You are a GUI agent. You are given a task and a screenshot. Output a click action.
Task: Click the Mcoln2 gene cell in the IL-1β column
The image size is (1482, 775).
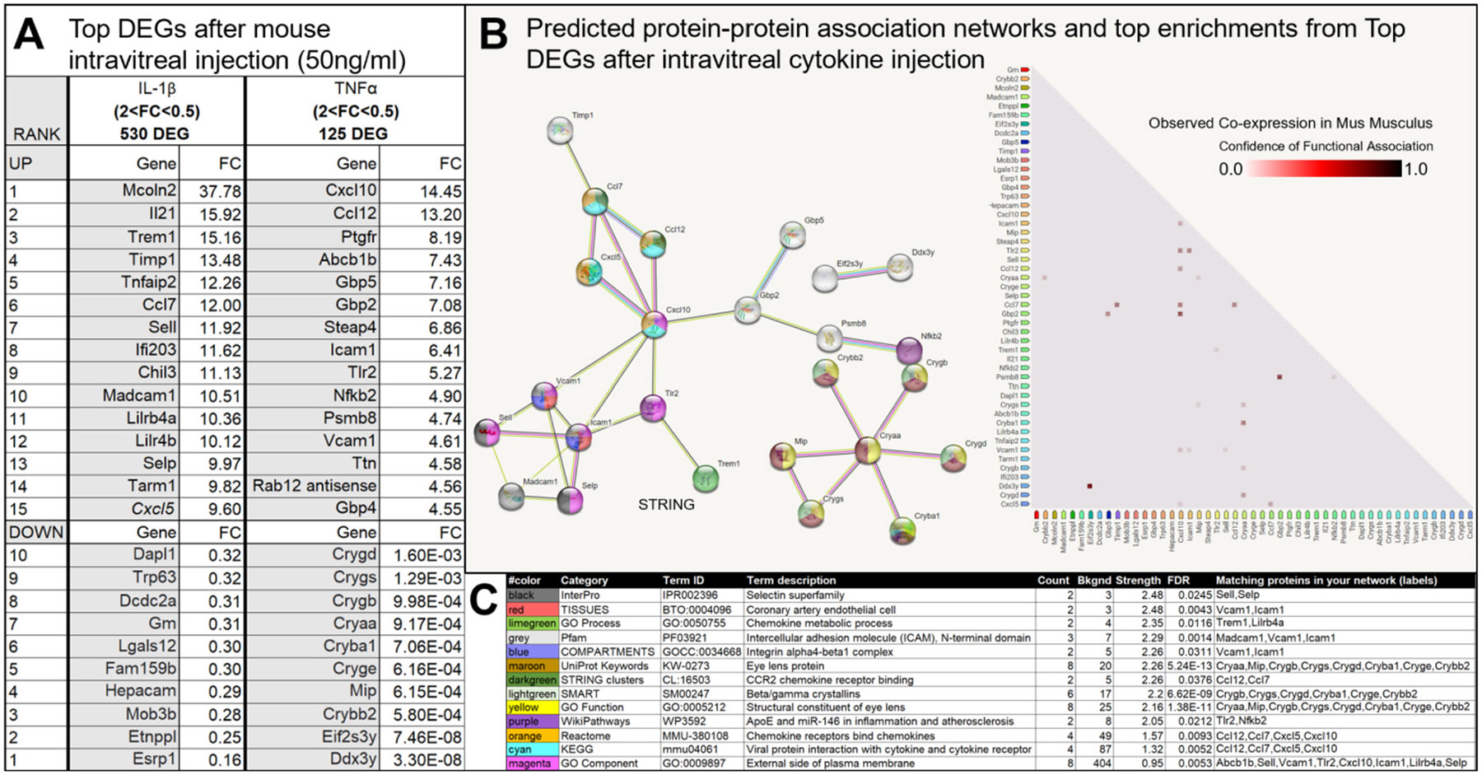pos(148,190)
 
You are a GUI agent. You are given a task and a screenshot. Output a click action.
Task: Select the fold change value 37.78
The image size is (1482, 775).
pos(220,191)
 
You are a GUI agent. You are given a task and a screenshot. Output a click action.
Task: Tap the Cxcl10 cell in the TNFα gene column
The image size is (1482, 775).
pos(351,190)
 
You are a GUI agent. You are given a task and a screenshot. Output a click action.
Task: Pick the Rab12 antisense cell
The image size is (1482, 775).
pos(315,486)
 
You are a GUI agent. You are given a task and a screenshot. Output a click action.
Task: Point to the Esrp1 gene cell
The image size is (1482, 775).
pos(154,759)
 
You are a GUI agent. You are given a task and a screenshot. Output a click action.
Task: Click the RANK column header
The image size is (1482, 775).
pos(36,133)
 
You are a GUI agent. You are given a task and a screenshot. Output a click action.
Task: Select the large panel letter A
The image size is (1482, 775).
pos(30,36)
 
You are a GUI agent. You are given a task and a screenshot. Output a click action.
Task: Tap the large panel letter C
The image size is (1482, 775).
pos(484,600)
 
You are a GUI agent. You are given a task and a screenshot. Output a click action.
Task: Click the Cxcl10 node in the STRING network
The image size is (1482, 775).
pos(655,324)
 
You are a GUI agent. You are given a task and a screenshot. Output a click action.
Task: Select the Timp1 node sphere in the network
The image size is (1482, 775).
pos(560,130)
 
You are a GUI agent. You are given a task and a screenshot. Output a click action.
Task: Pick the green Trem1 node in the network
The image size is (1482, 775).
pos(706,479)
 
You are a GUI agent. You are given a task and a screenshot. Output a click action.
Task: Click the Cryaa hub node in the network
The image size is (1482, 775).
pos(867,451)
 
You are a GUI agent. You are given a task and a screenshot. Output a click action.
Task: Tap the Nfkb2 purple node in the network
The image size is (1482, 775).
pos(909,350)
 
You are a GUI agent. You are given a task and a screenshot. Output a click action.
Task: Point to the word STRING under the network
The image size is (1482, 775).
pos(666,504)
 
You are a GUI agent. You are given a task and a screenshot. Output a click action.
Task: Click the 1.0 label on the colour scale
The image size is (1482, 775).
pos(1415,170)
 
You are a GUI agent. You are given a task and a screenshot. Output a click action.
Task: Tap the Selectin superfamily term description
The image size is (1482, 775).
pos(795,595)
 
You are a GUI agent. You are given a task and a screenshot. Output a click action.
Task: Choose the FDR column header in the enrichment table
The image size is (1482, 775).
pos(1181,580)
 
